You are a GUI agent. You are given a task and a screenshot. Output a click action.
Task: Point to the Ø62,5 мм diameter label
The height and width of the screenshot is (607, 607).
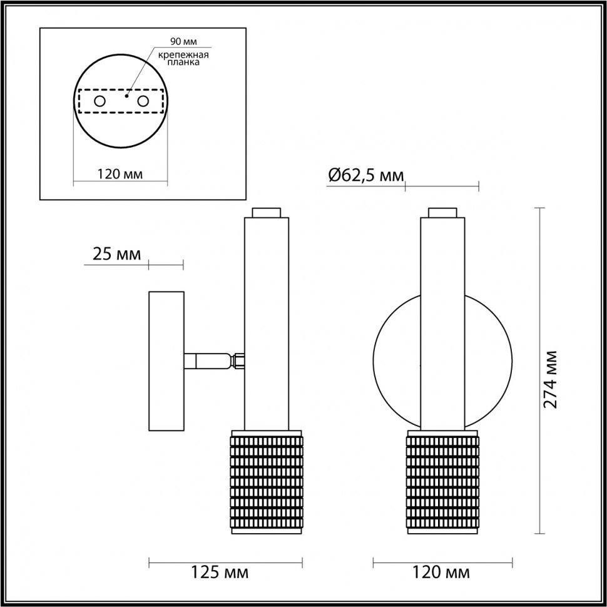point(365,176)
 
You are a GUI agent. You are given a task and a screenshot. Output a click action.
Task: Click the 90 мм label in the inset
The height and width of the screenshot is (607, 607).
point(183,41)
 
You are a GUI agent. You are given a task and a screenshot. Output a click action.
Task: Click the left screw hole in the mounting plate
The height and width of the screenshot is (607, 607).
point(99,101)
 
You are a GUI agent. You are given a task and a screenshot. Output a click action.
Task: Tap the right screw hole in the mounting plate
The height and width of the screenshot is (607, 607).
point(143,101)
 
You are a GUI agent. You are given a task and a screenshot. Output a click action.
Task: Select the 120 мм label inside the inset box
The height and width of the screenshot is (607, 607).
point(120,174)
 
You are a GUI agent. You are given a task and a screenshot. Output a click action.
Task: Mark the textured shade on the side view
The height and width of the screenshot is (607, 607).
point(267,482)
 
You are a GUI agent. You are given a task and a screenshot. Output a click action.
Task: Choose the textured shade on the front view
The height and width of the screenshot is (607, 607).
point(443,482)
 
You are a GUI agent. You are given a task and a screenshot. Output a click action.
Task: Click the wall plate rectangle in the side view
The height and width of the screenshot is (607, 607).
point(166,361)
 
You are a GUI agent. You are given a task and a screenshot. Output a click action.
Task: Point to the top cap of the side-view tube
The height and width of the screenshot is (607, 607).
point(267,212)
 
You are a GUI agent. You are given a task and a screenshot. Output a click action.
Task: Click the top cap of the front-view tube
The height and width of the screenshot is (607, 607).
point(443,212)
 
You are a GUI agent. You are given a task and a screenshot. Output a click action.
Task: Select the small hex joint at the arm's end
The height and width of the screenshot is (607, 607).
point(238,361)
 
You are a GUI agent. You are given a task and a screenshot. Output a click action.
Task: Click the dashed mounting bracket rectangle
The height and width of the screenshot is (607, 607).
point(121,101)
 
